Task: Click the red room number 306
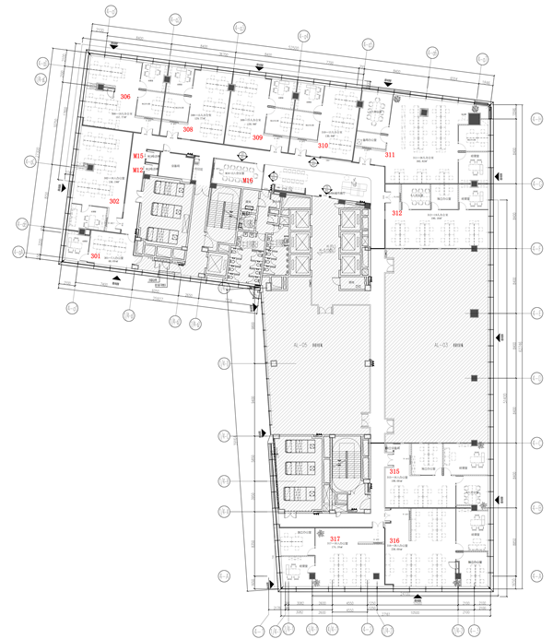tap(125, 96)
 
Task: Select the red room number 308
tap(188, 130)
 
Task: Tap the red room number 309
tap(257, 137)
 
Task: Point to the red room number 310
tap(323, 146)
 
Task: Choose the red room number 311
tap(390, 155)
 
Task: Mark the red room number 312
tap(396, 213)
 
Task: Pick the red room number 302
tap(115, 200)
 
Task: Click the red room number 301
tap(95, 255)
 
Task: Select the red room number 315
tap(394, 471)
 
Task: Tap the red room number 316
tap(394, 540)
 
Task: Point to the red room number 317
tap(335, 538)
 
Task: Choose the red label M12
tap(138, 170)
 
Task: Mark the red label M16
tap(248, 181)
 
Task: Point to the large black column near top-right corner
tap(474, 118)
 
